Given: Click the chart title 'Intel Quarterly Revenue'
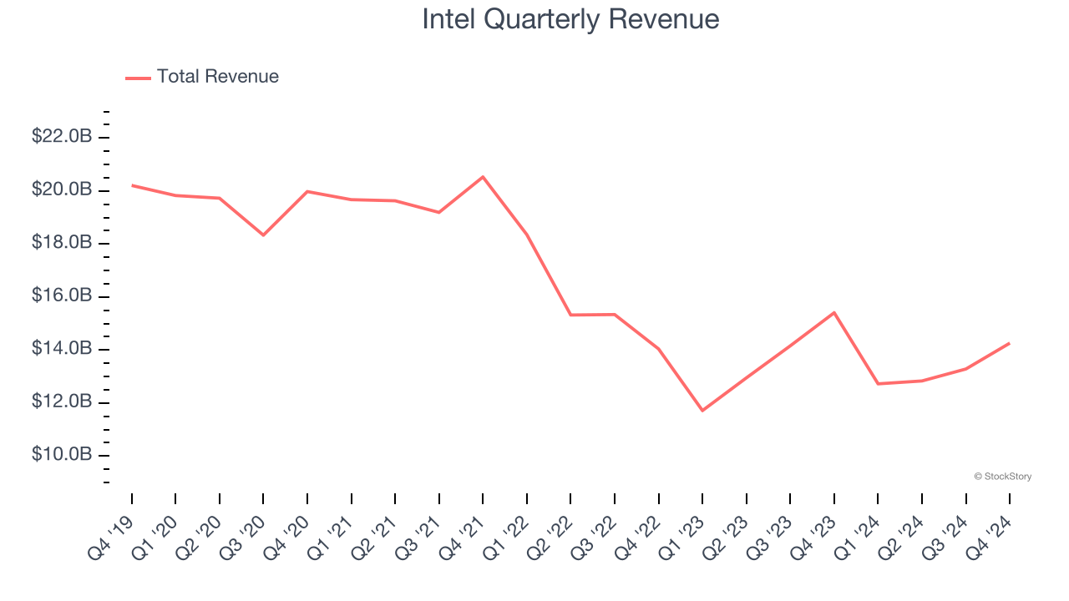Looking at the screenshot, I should (570, 19).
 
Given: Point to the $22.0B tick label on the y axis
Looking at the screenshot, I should (62, 136).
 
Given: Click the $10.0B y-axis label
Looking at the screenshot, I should (62, 455).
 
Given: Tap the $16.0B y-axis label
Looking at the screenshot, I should (62, 295).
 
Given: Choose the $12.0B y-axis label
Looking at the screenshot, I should (62, 402).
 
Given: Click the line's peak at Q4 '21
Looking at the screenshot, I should (483, 177).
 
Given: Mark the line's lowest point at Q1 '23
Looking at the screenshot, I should (702, 410).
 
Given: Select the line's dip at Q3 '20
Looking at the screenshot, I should (263, 235).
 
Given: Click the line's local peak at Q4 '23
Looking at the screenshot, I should (833, 312).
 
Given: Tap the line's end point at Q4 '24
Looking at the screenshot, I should (1009, 343).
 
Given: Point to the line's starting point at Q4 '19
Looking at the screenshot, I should (132, 185).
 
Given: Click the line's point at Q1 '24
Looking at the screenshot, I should (878, 383).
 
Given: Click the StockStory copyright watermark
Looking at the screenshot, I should (1002, 477).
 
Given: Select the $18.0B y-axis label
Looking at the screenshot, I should (62, 242).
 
